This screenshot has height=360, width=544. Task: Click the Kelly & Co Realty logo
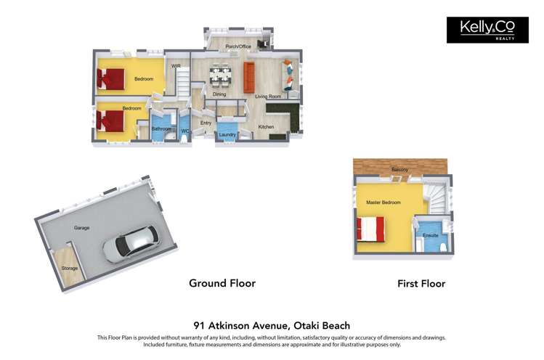pyautogui.click(x=487, y=30)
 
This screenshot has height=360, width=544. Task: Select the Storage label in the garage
pyautogui.click(x=69, y=269)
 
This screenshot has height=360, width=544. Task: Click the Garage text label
pyautogui.click(x=81, y=228)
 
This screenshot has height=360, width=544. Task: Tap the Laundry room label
pyautogui.click(x=227, y=134)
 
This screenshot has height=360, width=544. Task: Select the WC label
pyautogui.click(x=185, y=131)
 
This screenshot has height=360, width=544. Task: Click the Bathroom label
pyautogui.click(x=161, y=129)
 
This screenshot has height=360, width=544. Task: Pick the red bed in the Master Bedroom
pyautogui.click(x=368, y=229)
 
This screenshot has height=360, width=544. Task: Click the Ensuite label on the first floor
pyautogui.click(x=431, y=236)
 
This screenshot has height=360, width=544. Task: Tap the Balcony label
pyautogui.click(x=399, y=170)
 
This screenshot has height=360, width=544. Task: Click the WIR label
pyautogui.click(x=176, y=66)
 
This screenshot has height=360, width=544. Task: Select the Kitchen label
pyautogui.click(x=267, y=127)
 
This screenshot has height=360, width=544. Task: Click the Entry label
pyautogui.click(x=206, y=123)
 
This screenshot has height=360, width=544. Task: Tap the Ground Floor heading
pyautogui.click(x=222, y=283)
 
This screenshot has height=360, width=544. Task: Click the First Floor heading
pyautogui.click(x=421, y=284)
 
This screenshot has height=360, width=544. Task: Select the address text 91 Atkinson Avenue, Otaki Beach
pyautogui.click(x=272, y=326)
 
